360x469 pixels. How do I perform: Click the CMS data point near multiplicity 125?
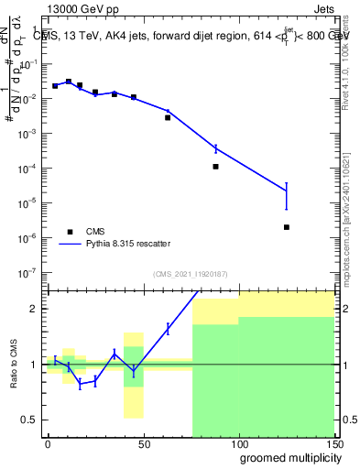click(x=287, y=227)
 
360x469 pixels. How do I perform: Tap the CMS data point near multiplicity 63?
click(x=168, y=117)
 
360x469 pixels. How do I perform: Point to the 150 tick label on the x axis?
click(x=334, y=443)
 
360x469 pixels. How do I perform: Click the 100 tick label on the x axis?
click(x=238, y=443)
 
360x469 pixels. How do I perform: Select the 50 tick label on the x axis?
click(x=143, y=443)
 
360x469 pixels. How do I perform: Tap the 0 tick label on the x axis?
click(x=48, y=443)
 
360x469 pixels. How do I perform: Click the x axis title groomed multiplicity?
click(x=287, y=457)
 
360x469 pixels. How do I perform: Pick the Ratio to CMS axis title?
click(x=15, y=364)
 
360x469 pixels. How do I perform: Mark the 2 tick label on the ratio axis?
click(x=33, y=309)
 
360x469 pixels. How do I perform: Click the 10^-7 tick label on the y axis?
click(x=26, y=273)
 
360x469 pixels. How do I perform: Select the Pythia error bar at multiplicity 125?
click(x=287, y=196)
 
